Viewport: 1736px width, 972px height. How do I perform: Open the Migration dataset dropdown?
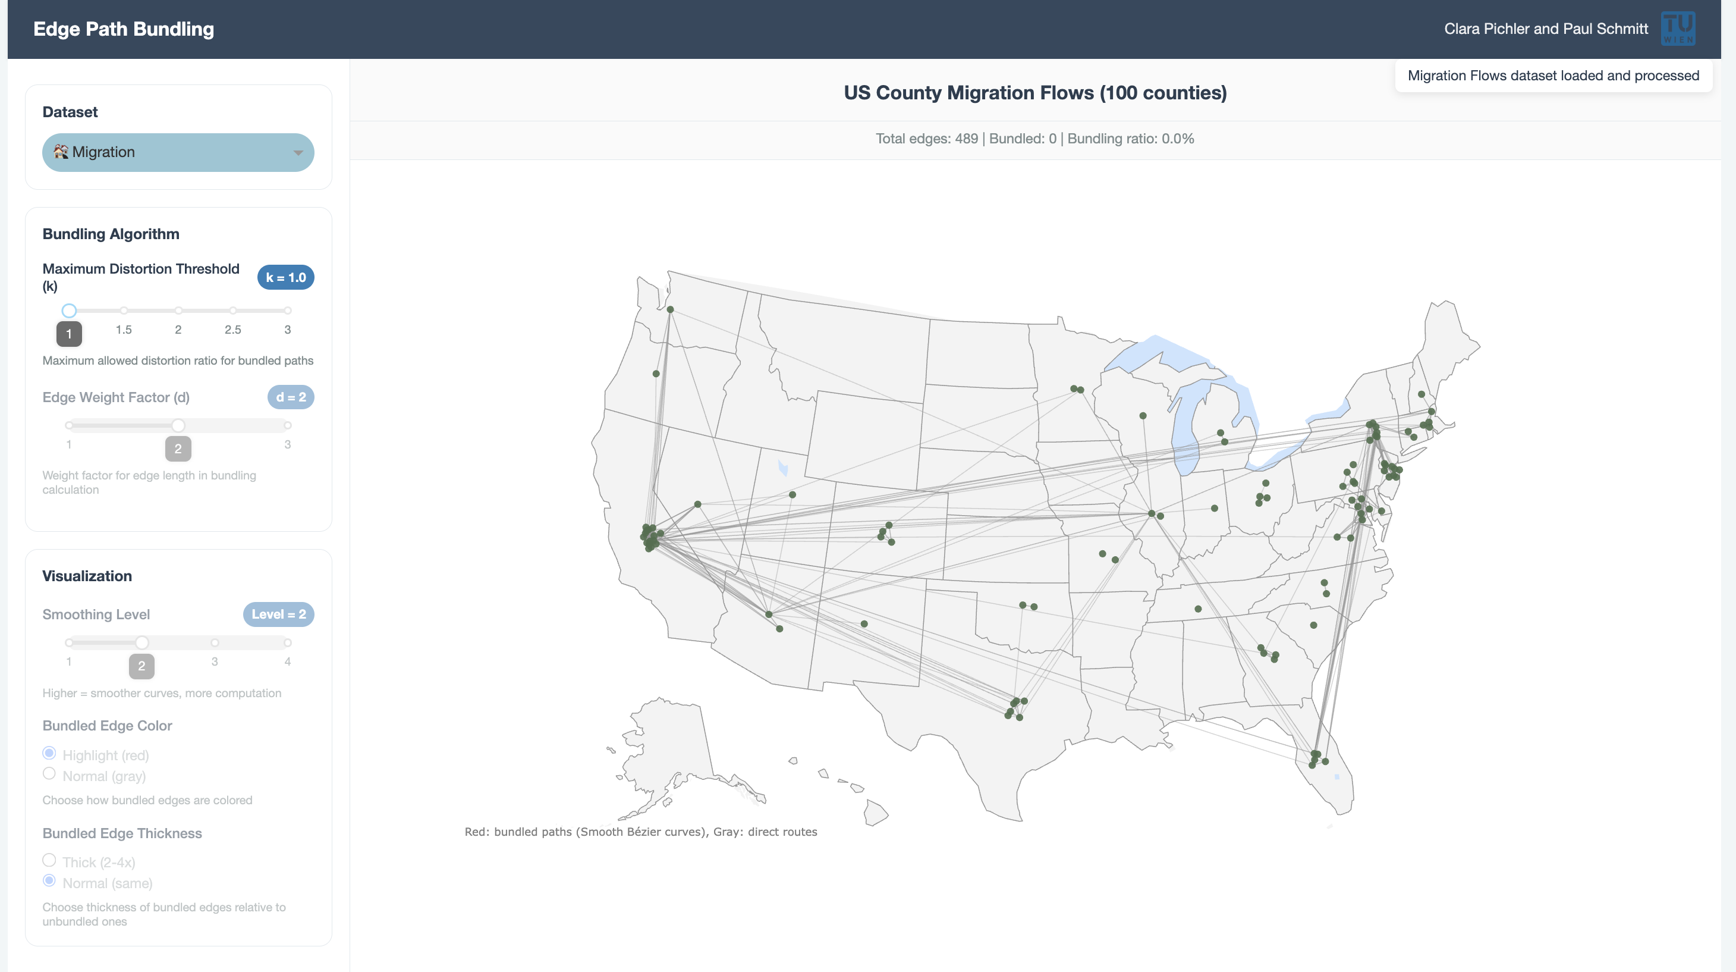tap(178, 152)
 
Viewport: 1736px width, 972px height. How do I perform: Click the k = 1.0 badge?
tap(285, 277)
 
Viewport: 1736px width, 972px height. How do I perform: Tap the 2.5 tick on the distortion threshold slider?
tap(232, 311)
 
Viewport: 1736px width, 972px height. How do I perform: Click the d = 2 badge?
tap(291, 397)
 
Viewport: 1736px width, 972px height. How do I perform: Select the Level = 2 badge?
tap(278, 614)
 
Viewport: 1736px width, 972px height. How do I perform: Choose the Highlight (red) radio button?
tap(49, 753)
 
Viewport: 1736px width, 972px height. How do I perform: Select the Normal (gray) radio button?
tap(49, 774)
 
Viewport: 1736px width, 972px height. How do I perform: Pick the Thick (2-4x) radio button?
tap(49, 860)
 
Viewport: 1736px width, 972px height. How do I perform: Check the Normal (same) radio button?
tap(49, 881)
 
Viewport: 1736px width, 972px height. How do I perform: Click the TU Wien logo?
tap(1677, 29)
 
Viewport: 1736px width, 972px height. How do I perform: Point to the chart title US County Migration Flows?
tap(1034, 92)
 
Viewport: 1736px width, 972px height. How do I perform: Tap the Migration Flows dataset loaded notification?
tap(1553, 76)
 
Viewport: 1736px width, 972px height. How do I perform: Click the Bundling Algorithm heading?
tap(111, 234)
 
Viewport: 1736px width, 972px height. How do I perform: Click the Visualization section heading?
tap(87, 576)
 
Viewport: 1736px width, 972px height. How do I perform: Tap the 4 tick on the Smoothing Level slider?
tap(288, 643)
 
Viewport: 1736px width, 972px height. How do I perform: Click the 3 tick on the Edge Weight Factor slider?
tap(288, 425)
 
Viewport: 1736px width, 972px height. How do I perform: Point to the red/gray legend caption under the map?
tap(640, 832)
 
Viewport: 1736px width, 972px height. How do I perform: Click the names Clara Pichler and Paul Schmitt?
tap(1545, 29)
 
